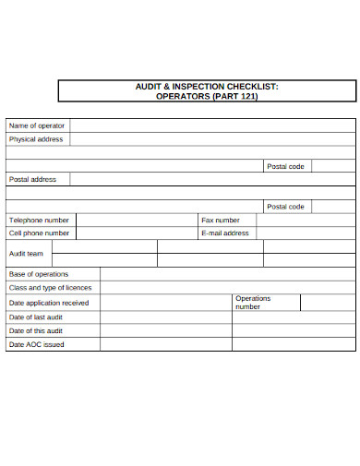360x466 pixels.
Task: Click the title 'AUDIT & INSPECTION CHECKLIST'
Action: (207, 86)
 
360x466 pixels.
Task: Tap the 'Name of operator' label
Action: (37, 125)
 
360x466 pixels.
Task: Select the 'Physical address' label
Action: (36, 139)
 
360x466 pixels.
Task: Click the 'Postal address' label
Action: (32, 180)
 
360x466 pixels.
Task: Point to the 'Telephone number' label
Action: (39, 221)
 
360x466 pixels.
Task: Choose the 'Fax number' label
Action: (221, 221)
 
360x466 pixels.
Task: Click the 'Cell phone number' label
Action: (39, 233)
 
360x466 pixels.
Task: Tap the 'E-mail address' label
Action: (225, 233)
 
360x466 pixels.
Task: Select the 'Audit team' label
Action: (26, 254)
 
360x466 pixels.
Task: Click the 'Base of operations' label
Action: (39, 274)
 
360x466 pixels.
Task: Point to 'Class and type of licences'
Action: (50, 288)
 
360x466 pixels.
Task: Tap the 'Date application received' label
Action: (49, 303)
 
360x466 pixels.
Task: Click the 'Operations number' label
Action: (253, 303)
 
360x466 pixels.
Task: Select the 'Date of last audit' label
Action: (37, 317)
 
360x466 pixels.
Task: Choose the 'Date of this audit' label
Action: (36, 330)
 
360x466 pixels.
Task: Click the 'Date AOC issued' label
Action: (37, 344)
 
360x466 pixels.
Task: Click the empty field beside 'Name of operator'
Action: (212, 125)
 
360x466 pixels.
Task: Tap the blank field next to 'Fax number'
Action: (306, 221)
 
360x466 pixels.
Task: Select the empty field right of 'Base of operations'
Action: (227, 274)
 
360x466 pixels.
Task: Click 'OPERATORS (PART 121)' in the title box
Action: (207, 96)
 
